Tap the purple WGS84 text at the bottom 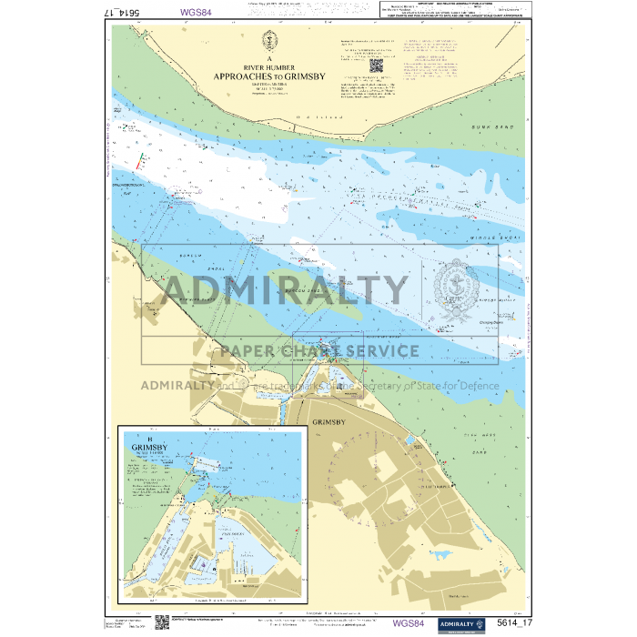click(408, 623)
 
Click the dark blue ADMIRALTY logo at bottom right click(461, 623)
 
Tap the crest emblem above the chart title click(268, 41)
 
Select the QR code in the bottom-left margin click(161, 622)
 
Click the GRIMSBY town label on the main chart click(329, 423)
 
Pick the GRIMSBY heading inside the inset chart click(148, 449)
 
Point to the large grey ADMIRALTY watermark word click(284, 289)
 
